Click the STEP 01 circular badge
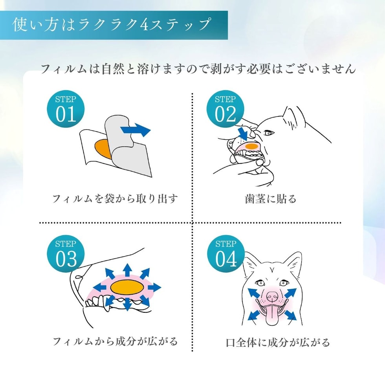66,109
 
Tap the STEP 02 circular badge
225,109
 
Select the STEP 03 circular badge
66,254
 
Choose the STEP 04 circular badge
225,254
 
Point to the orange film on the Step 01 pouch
101,147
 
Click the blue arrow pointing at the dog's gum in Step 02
243,132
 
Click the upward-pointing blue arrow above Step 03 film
126,270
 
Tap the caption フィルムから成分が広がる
115,341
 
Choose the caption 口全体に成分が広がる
278,342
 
